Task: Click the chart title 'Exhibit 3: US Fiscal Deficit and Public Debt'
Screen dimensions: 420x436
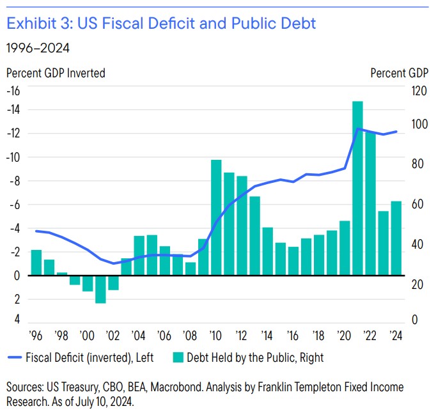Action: tap(160, 24)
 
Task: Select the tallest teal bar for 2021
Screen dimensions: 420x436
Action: tap(357, 189)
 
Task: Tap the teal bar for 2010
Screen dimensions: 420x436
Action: tap(216, 217)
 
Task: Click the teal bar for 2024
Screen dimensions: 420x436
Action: tap(396, 238)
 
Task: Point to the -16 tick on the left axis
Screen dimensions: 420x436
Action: tap(13, 90)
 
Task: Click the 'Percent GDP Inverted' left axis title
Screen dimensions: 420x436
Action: tap(56, 73)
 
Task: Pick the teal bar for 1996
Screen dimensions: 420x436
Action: tap(36, 262)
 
